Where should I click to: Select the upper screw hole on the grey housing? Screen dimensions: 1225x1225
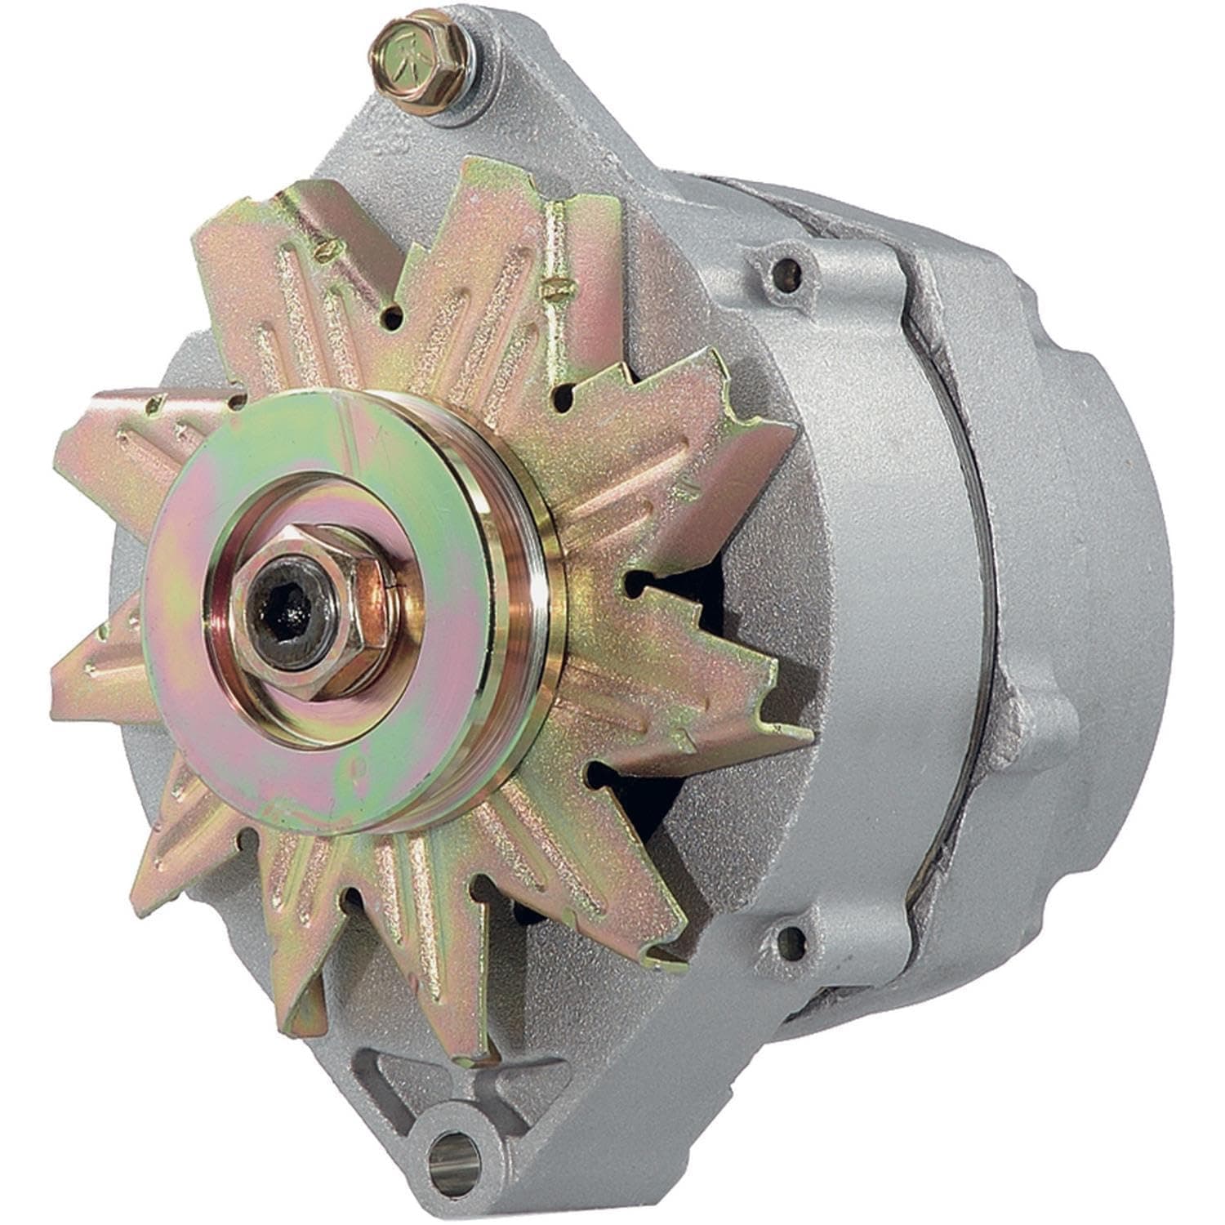[x=786, y=267]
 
